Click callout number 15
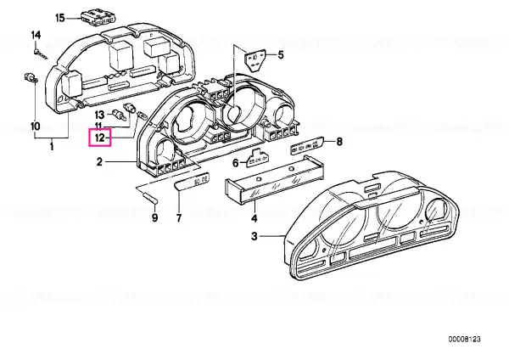tap(59, 17)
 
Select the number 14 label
tap(36, 35)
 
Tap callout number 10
tap(36, 127)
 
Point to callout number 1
tap(53, 149)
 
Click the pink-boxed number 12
tap(100, 137)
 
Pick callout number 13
tap(99, 114)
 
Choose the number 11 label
tap(99, 126)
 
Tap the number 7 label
tap(179, 219)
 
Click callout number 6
tap(235, 162)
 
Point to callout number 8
tap(339, 141)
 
